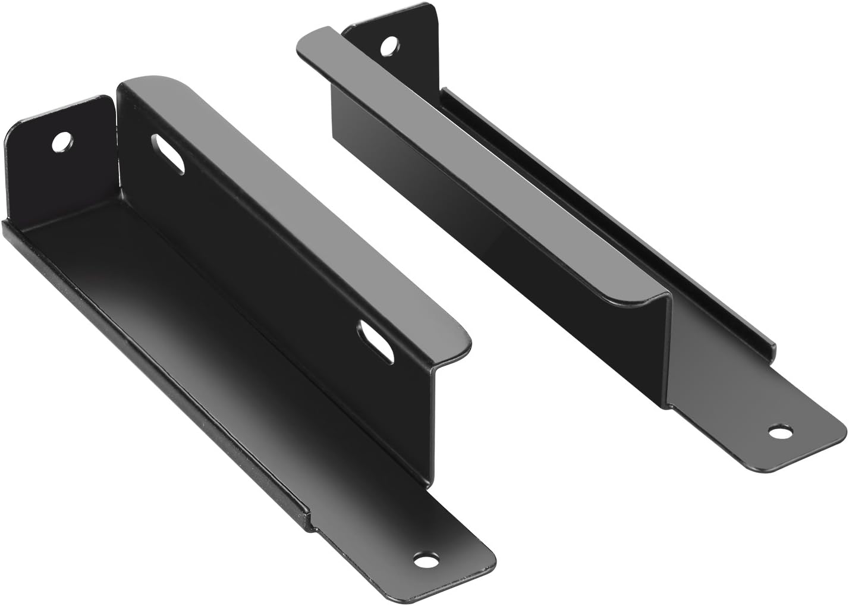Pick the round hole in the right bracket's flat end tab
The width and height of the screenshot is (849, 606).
[780, 430]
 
